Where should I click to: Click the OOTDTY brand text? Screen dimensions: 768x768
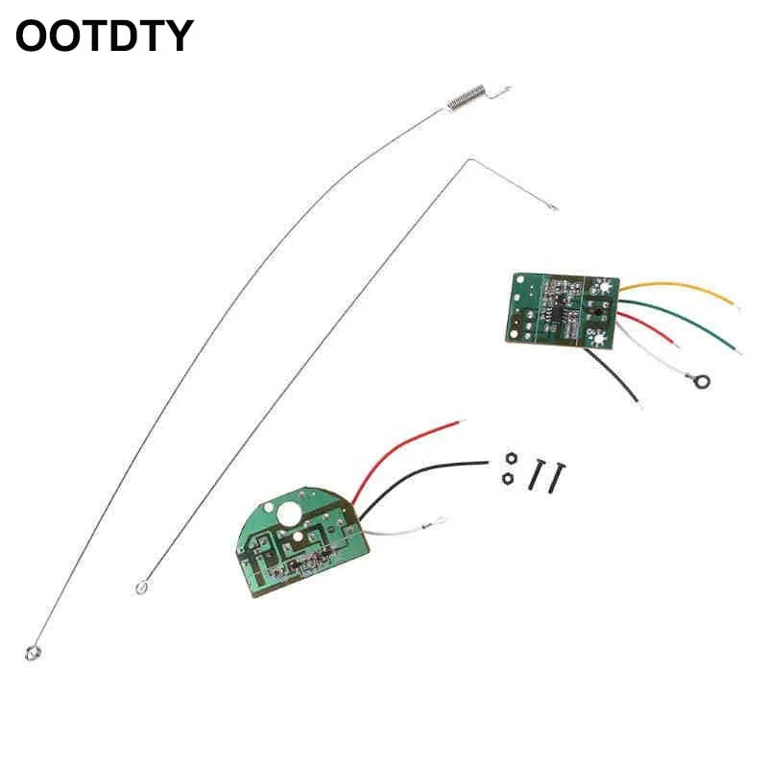click(x=104, y=36)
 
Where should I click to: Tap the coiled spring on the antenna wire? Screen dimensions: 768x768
click(x=468, y=96)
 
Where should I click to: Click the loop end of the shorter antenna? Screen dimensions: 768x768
click(x=143, y=584)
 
